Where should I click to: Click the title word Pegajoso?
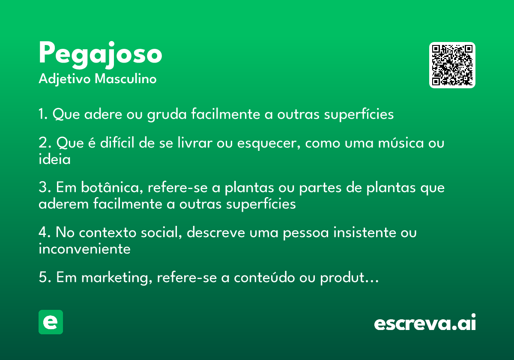(100, 55)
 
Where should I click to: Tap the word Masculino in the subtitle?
(126, 79)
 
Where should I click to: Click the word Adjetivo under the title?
(65, 79)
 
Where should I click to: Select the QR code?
(452, 65)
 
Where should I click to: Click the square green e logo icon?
(51, 322)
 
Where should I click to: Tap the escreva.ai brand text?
(425, 322)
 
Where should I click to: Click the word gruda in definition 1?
(167, 114)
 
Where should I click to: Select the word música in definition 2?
(400, 143)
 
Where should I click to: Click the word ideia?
(55, 159)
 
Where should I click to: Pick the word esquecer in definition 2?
(269, 143)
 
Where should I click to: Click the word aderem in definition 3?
(63, 204)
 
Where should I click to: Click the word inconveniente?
(84, 249)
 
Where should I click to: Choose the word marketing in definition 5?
(117, 278)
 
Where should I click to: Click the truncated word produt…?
(349, 278)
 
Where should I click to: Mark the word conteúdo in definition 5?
(264, 277)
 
